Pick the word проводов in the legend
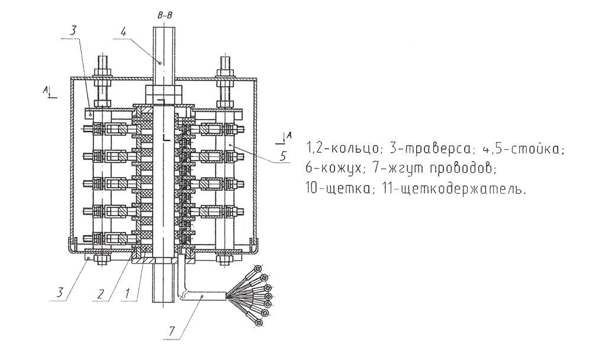[x=461, y=168]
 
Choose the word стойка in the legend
[x=538, y=147]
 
